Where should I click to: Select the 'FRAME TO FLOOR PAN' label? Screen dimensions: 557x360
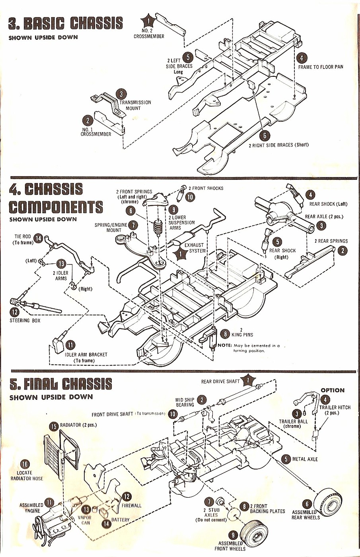tap(320, 67)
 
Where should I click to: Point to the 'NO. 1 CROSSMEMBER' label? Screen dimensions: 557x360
tap(95, 132)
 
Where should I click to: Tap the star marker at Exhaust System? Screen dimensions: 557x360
tap(181, 253)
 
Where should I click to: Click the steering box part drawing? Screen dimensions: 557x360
tap(36, 306)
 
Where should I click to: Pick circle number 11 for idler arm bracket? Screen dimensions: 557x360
tap(70, 345)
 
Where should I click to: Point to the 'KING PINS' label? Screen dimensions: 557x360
tap(242, 335)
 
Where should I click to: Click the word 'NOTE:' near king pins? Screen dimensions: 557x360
tap(225, 345)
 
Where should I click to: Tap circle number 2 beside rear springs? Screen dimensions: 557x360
tap(342, 251)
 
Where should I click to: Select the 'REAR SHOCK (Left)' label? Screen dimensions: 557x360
tap(328, 204)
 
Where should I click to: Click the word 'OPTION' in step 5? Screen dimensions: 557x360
tap(333, 390)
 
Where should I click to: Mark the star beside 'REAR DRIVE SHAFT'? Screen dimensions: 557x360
tap(249, 380)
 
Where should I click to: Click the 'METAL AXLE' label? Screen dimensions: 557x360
tap(305, 459)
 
